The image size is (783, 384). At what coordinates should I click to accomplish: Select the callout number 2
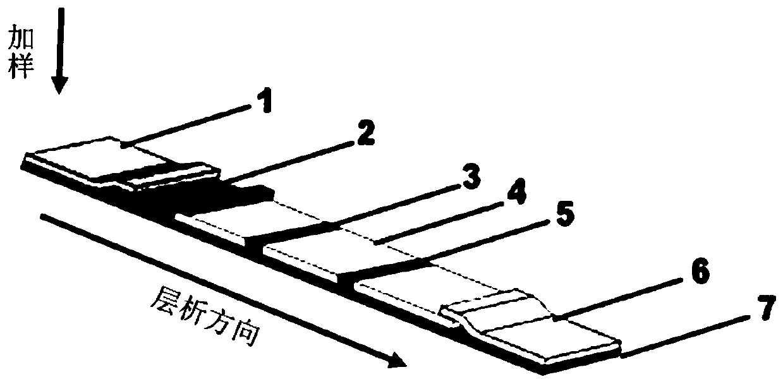coord(365,134)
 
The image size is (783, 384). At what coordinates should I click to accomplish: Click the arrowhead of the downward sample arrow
coord(61,85)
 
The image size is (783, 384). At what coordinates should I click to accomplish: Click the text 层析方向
coord(205,319)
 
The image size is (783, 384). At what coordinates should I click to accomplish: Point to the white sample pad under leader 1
coord(82,159)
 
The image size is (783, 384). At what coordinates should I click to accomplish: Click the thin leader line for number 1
coord(190,126)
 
